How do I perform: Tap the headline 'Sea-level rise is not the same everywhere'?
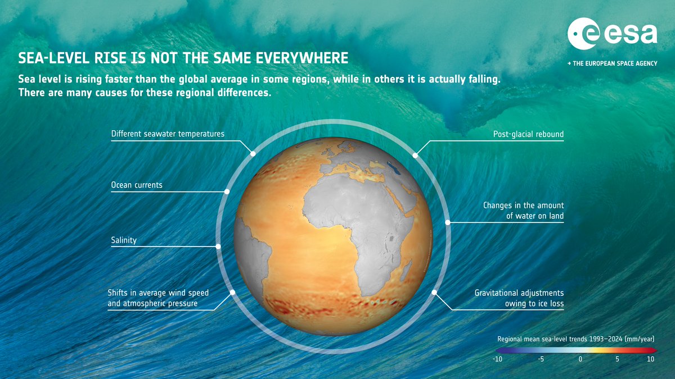(183, 58)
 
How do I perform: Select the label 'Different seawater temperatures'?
(168, 134)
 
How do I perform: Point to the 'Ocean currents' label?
(137, 185)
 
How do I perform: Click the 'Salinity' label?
(124, 240)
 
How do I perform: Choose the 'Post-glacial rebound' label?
(528, 134)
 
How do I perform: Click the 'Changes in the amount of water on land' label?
(523, 211)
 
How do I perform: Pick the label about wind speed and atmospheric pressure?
(158, 298)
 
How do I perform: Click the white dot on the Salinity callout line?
(218, 246)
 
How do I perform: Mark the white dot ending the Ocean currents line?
(227, 191)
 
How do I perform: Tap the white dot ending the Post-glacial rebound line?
(415, 155)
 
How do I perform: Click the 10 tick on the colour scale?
(650, 359)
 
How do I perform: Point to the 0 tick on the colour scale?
(580, 359)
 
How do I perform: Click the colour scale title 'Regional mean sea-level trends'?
(575, 339)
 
